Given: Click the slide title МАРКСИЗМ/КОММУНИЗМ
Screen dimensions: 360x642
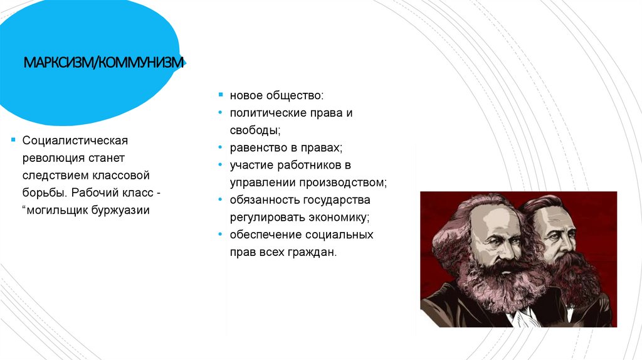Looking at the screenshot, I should coord(103,63).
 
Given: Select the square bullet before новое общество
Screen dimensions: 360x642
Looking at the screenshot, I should coord(220,95).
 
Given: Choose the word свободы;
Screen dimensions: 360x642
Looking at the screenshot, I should coord(255,130).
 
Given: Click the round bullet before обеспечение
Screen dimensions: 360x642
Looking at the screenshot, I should coord(220,235).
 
